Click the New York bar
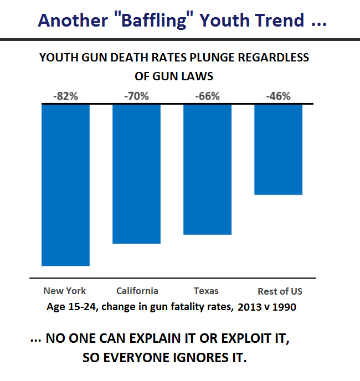[x=66, y=185]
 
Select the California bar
[x=137, y=173]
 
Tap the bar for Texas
[x=207, y=169]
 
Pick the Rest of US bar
[x=278, y=149]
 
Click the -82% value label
[x=66, y=96]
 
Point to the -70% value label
[x=137, y=96]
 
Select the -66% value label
[x=207, y=96]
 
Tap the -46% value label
[x=278, y=96]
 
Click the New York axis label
[x=65, y=291]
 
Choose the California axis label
[x=137, y=291]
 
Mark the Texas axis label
[x=206, y=291]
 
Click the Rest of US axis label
[x=280, y=291]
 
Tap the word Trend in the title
[x=279, y=21]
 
